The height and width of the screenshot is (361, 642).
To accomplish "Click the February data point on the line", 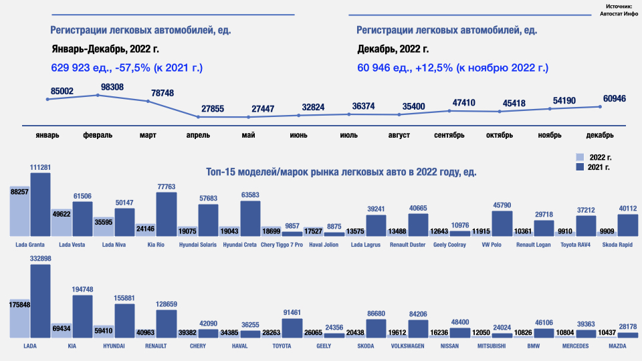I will tap(98, 95).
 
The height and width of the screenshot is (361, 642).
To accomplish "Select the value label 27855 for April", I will tap(213, 108).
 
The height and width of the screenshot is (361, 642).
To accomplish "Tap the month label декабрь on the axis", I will tap(600, 135).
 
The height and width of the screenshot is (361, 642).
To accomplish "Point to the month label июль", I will tap(348, 135).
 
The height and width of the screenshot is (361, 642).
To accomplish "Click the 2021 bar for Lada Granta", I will tap(41, 204).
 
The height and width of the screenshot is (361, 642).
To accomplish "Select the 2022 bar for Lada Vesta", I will tap(62, 222).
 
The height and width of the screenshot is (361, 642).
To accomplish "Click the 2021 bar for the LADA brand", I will tap(41, 301).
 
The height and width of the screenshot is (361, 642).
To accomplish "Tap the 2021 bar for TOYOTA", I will tap(292, 328).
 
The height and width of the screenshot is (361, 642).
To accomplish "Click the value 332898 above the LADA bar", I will tap(41, 258).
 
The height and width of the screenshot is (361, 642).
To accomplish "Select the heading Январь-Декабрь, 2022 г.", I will tap(105, 49).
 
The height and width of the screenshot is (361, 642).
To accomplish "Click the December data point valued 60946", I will tap(600, 106).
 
